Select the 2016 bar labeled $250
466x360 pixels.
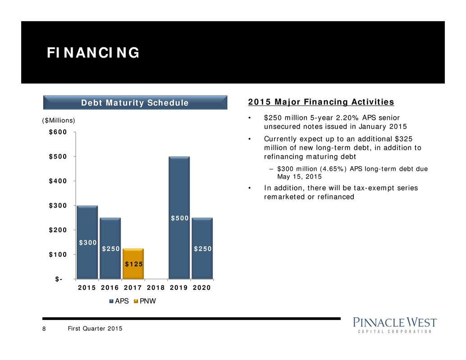(110, 248)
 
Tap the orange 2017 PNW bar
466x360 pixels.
(133, 264)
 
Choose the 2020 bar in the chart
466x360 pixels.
(202, 248)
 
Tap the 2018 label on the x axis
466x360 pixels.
(156, 288)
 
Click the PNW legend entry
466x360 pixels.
(147, 302)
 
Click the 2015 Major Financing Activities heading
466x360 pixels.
(321, 102)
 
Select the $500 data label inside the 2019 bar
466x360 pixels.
(179, 219)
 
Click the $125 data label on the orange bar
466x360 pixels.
(133, 264)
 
